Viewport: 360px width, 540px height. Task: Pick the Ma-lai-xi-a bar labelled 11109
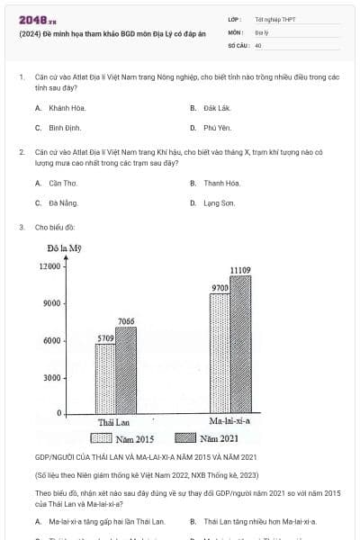tap(239, 345)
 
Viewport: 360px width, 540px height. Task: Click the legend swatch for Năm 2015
tap(101, 438)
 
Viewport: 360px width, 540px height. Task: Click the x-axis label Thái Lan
tap(114, 422)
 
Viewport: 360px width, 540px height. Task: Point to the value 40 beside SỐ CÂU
tap(258, 44)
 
